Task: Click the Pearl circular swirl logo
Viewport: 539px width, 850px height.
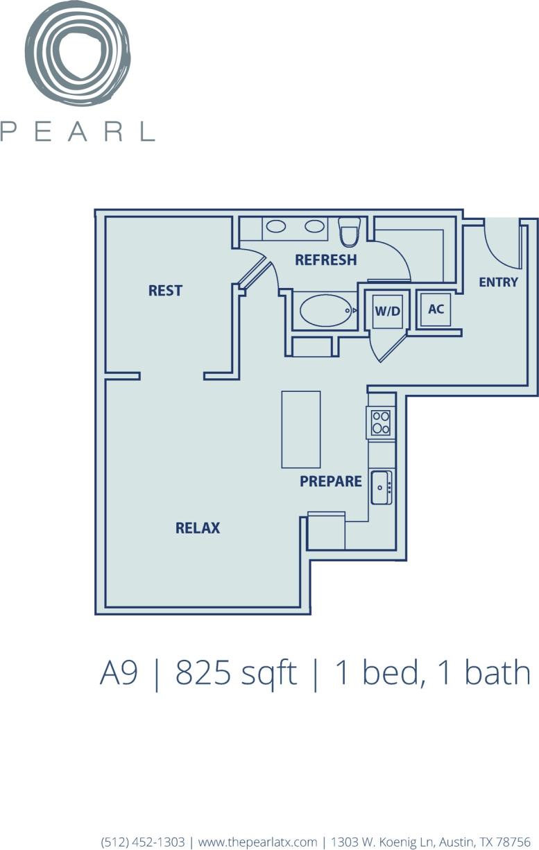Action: click(x=77, y=54)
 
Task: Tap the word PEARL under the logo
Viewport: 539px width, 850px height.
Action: click(x=77, y=131)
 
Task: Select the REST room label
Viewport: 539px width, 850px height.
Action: click(x=165, y=291)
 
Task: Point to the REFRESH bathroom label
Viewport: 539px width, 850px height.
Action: click(x=325, y=260)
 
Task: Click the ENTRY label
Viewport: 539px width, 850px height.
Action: click(x=498, y=282)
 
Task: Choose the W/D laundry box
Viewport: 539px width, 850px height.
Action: click(x=388, y=311)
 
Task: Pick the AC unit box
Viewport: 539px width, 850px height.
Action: click(x=436, y=309)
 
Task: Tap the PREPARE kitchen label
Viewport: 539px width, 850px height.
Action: click(x=331, y=481)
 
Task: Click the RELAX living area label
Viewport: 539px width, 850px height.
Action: click(x=197, y=528)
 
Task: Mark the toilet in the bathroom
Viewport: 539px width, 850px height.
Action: click(x=349, y=232)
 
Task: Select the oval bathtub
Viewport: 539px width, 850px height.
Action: click(x=326, y=311)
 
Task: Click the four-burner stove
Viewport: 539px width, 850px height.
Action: click(x=380, y=422)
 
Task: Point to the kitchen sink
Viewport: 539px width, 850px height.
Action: click(x=381, y=487)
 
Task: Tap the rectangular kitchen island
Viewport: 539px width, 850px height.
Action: click(x=301, y=430)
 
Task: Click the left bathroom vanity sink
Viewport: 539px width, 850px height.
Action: click(x=277, y=226)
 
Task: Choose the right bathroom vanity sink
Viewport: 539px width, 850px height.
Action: click(x=314, y=226)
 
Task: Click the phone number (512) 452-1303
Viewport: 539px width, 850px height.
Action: click(x=143, y=842)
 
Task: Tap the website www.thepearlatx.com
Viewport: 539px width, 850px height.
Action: click(x=257, y=842)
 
